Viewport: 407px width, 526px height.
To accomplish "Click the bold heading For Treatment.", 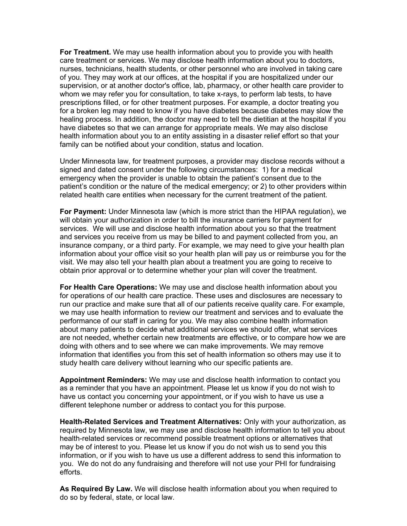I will click(x=85, y=52).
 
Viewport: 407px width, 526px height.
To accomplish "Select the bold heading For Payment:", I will click(x=83, y=211).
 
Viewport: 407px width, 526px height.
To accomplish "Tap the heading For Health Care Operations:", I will click(x=108, y=287).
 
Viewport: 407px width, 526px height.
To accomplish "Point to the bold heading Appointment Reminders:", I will click(x=103, y=380).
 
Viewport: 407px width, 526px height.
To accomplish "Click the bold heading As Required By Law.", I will click(x=96, y=489).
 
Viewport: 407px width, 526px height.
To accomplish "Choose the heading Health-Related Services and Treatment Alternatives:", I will click(x=151, y=422).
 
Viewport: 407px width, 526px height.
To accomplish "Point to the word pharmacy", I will click(x=222, y=85).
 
